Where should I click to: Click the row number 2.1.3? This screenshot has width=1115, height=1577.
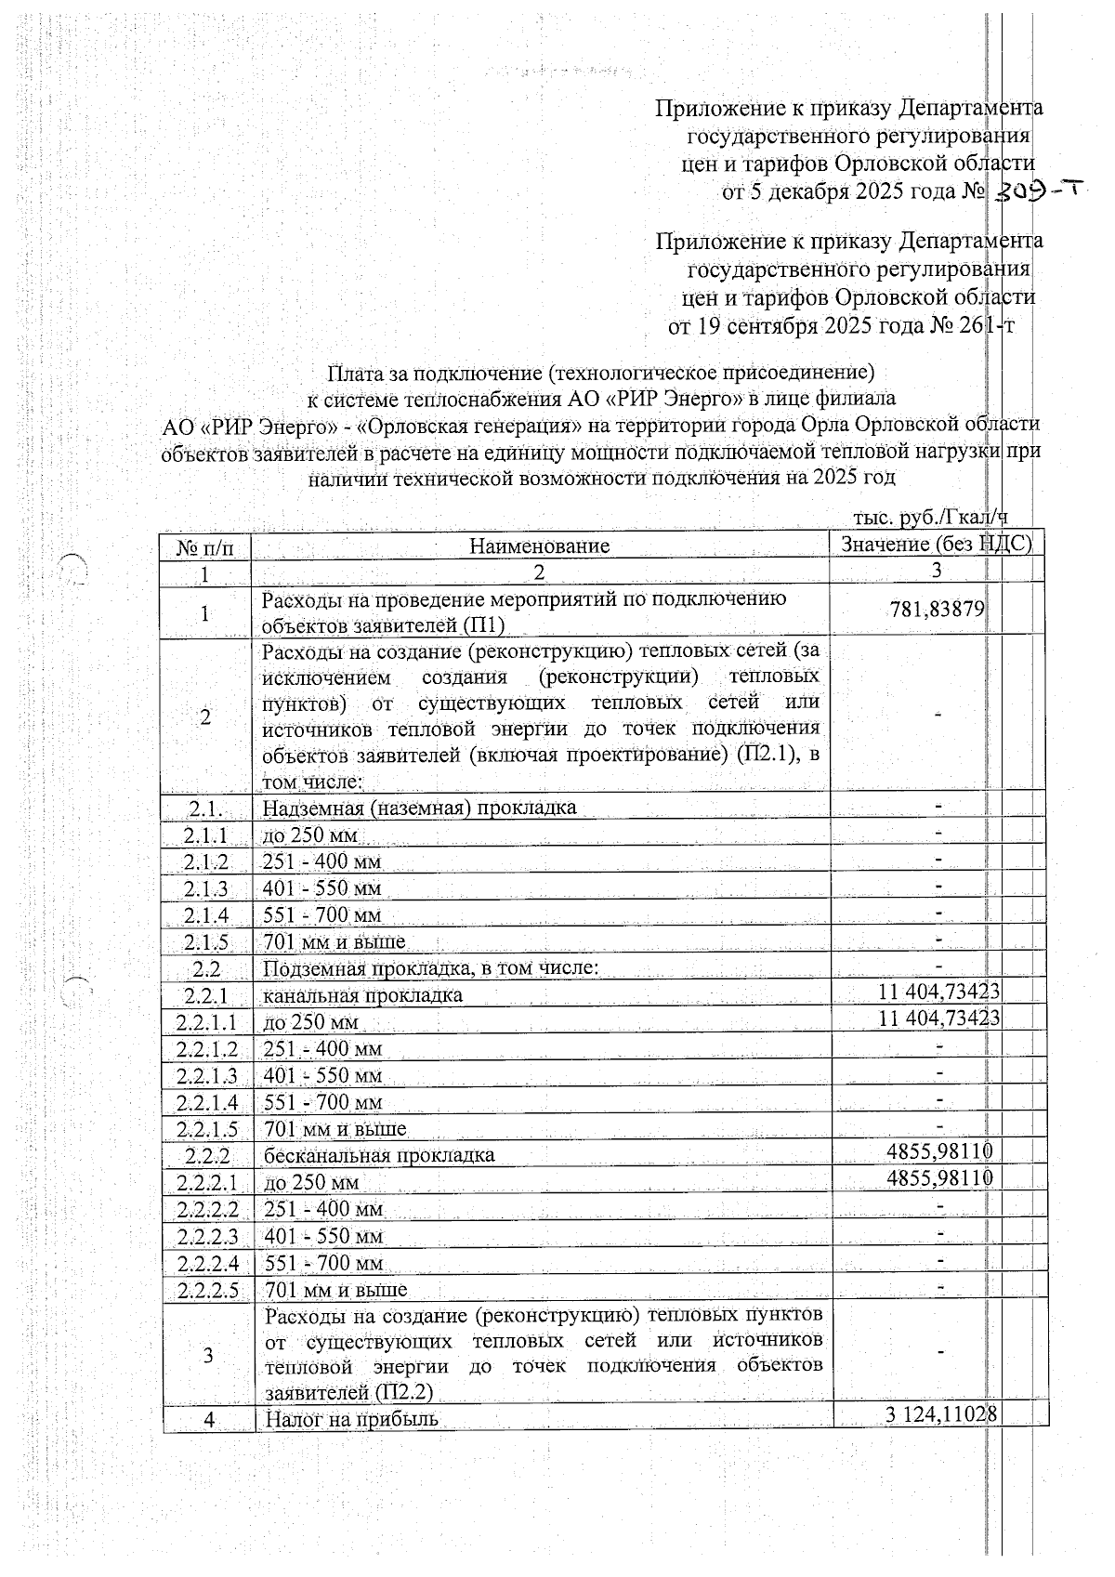click(x=206, y=888)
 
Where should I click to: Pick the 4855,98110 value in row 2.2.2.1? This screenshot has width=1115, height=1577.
click(x=940, y=1177)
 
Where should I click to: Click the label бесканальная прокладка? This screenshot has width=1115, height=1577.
click(x=379, y=1155)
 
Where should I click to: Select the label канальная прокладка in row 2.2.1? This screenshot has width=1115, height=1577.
click(x=362, y=995)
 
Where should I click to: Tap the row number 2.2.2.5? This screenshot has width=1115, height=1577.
click(x=208, y=1290)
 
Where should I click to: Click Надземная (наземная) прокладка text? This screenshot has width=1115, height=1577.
click(x=420, y=807)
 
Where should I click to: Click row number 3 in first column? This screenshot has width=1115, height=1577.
click(x=208, y=1355)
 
